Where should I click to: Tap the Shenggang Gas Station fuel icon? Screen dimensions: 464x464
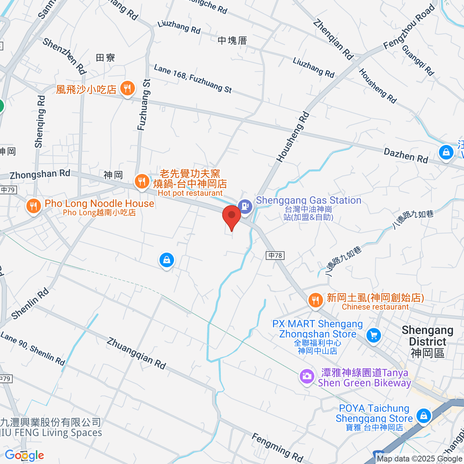245,205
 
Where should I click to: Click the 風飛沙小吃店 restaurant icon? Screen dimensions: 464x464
127,89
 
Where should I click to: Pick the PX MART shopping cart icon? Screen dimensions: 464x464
374,335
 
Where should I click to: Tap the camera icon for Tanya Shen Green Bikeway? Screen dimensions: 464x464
307,376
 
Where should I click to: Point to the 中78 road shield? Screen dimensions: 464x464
275,255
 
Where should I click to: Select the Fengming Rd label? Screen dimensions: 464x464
277,447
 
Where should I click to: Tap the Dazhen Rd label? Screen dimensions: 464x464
406,155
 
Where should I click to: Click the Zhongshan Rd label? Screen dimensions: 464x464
40,174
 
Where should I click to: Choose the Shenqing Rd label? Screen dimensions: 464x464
40,121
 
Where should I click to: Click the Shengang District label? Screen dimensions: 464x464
427,341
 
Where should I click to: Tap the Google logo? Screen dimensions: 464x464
24,455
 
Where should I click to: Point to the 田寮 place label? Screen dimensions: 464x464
105,58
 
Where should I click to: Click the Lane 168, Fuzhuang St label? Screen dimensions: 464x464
193,79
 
